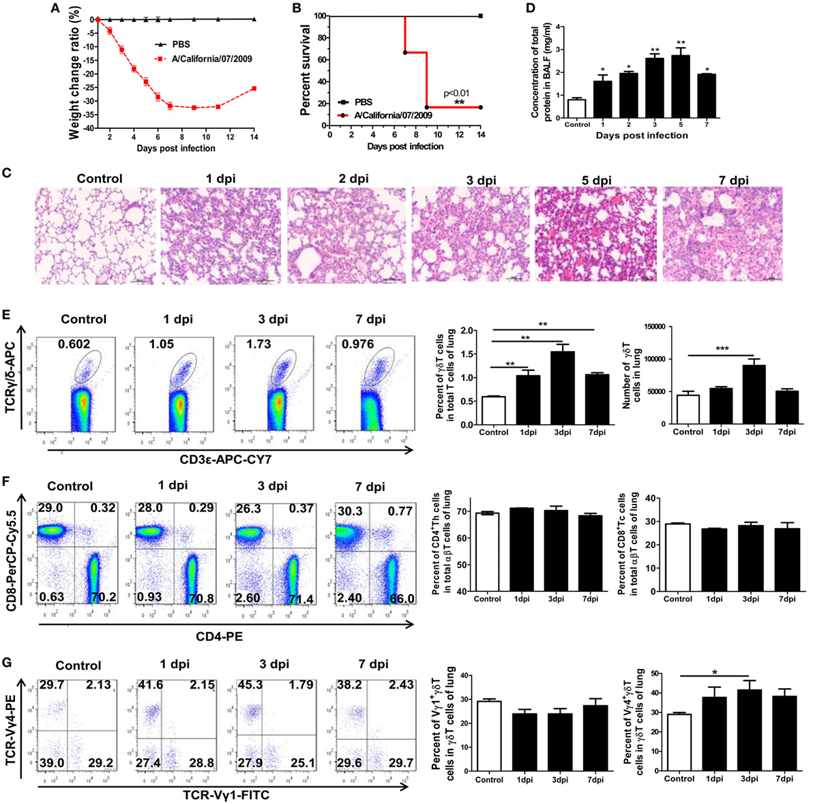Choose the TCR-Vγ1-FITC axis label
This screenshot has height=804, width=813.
[220, 795]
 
